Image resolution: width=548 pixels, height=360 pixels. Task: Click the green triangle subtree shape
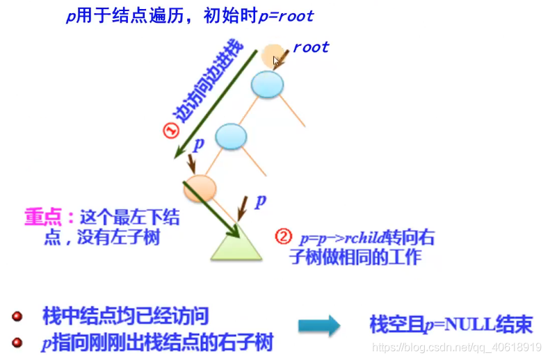click(x=236, y=245)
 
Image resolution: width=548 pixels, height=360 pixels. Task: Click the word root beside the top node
click(x=311, y=47)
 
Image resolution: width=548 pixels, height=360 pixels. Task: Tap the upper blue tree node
click(x=268, y=84)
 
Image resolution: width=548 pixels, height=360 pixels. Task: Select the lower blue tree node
click(x=231, y=136)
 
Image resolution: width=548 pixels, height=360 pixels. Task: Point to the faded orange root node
click(x=273, y=57)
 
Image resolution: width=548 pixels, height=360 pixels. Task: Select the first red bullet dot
click(x=17, y=317)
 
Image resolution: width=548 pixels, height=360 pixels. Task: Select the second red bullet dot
click(x=17, y=343)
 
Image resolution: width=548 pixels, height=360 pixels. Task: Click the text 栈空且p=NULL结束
click(x=451, y=324)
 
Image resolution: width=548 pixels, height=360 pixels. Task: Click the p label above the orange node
click(x=198, y=145)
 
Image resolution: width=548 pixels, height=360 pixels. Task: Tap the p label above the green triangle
click(x=260, y=202)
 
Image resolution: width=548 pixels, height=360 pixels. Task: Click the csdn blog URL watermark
click(x=457, y=346)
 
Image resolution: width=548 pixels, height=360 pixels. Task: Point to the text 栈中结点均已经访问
click(x=125, y=317)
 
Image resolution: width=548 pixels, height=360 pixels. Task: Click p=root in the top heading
click(x=286, y=15)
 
